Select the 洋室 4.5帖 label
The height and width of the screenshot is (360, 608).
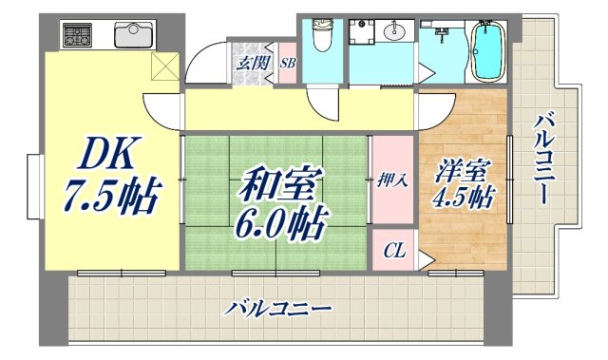pos(465,185)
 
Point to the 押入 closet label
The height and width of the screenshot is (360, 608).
pos(392,180)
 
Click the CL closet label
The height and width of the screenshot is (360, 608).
pos(393,251)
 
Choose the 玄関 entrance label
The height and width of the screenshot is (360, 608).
pos(252,64)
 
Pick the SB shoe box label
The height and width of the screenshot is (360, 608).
pos(288,64)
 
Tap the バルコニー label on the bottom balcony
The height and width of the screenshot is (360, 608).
pos(279,311)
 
